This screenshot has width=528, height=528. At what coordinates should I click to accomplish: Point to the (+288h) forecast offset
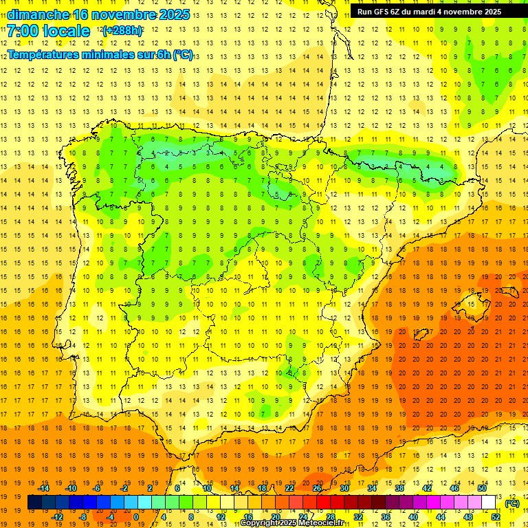[x=122, y=31]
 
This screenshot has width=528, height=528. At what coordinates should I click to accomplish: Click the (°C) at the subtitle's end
[x=183, y=55]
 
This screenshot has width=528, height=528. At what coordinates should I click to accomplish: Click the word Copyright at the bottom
[x=259, y=523]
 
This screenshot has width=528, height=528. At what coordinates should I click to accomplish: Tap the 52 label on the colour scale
[x=496, y=517]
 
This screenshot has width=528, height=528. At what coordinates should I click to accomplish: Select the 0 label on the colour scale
[x=135, y=517]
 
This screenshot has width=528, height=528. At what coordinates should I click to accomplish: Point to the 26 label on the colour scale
[x=317, y=488]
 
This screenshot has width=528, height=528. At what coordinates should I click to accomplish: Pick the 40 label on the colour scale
[x=413, y=517]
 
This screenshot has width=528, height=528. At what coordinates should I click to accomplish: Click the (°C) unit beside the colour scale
[x=512, y=503]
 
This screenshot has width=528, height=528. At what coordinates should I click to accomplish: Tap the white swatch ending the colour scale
[x=488, y=503]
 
